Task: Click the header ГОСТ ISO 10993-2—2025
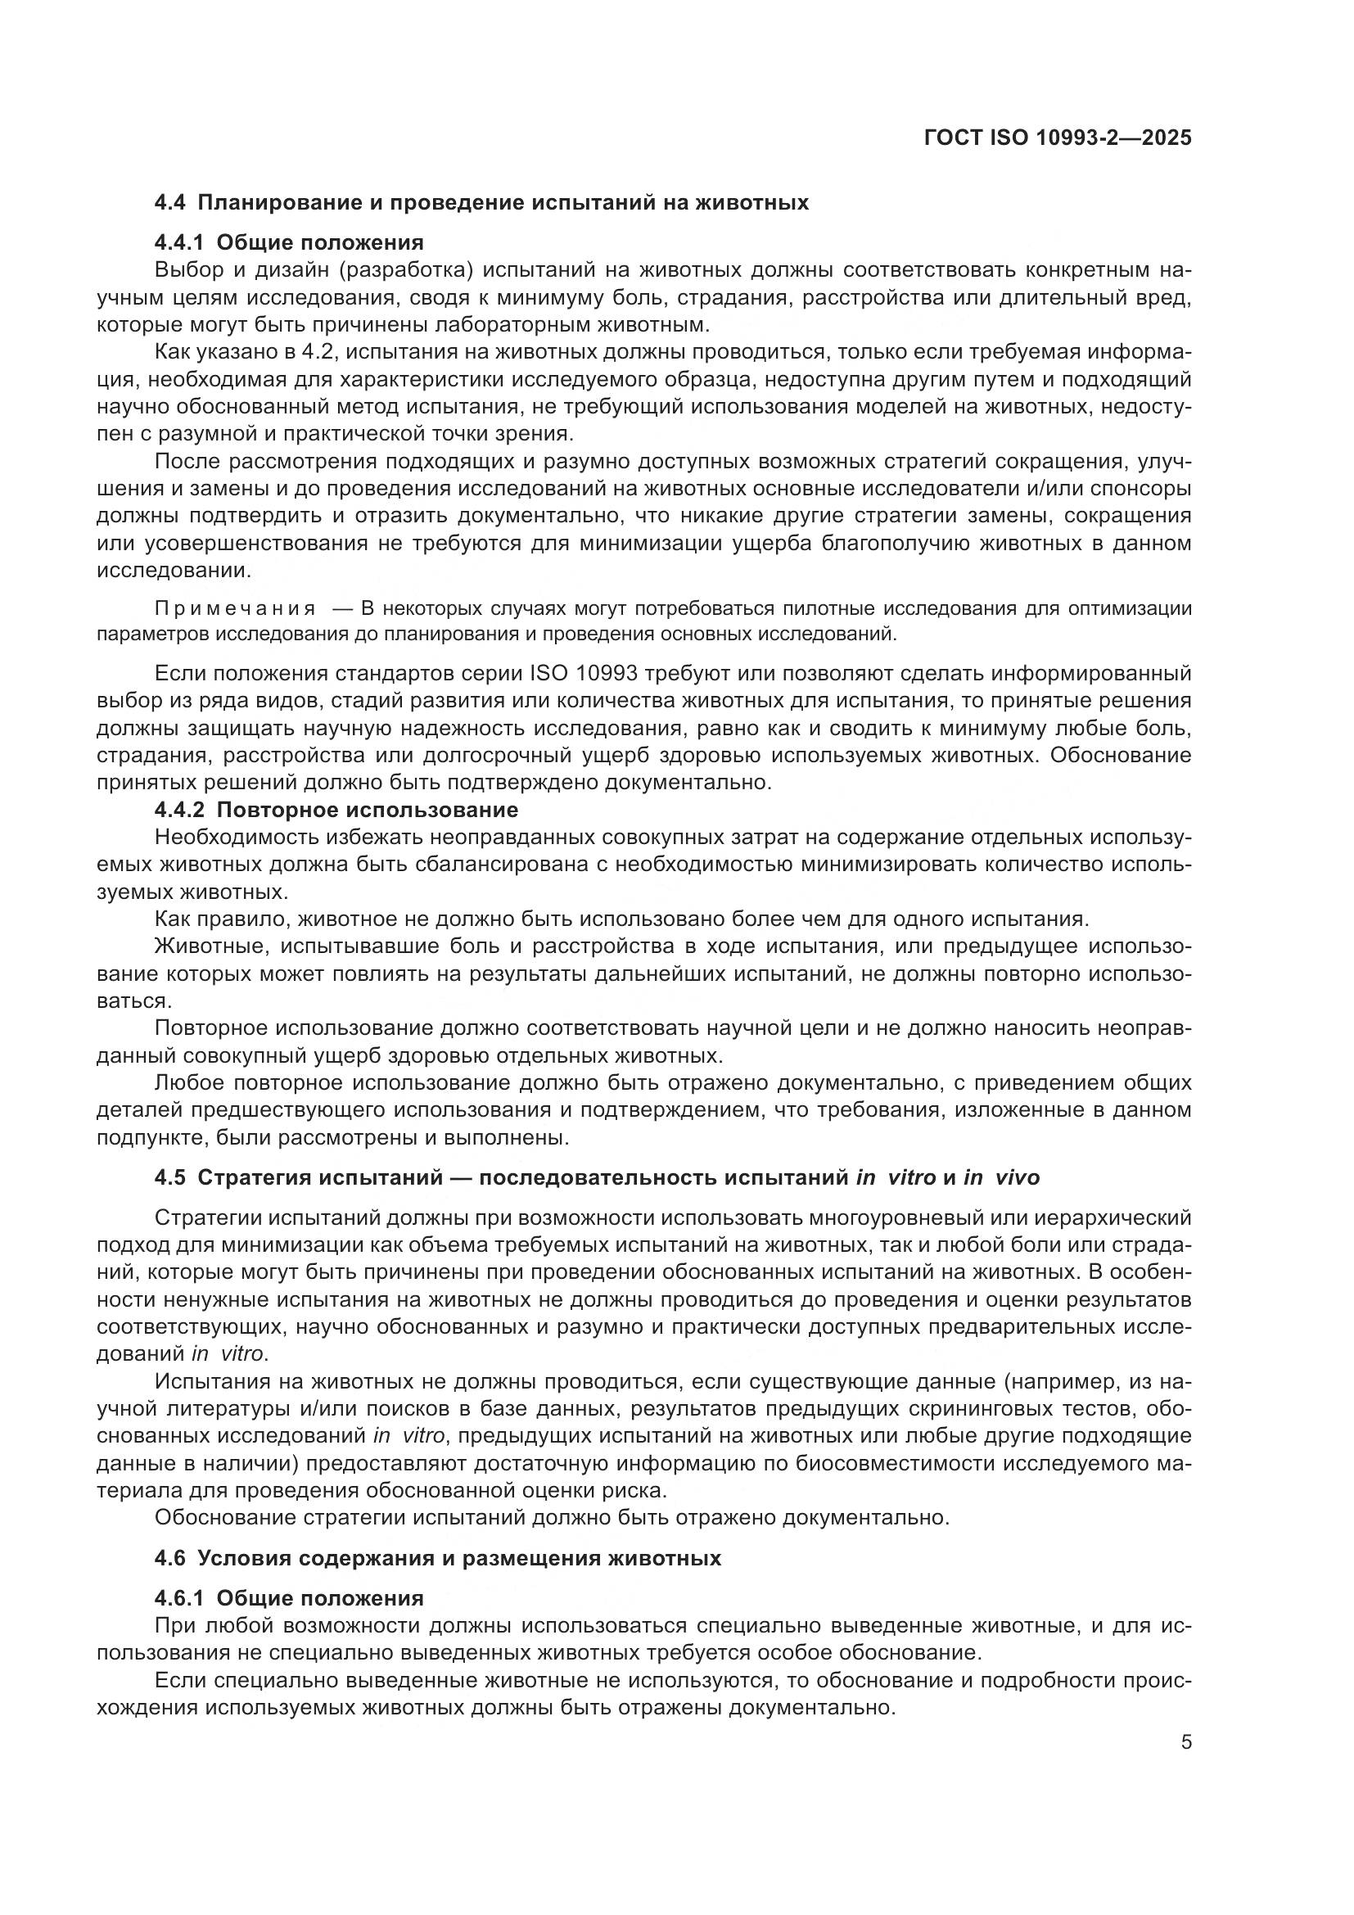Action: tap(1057, 138)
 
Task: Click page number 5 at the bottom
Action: tap(1185, 1742)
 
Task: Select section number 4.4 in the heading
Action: tap(171, 203)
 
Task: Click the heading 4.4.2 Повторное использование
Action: tap(336, 810)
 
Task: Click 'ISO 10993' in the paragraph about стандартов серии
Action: tap(584, 674)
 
